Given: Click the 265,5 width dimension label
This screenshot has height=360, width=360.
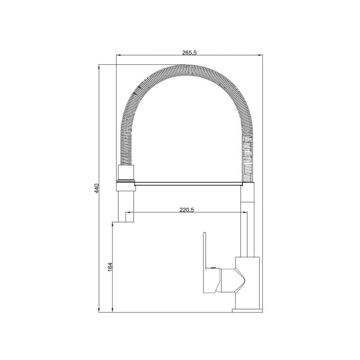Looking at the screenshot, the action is (189, 53).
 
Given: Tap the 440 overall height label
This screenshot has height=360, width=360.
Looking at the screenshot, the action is (96, 188).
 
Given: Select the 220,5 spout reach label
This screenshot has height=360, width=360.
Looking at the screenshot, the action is (186, 210).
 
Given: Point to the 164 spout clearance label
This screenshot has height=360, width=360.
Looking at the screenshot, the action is (110, 267).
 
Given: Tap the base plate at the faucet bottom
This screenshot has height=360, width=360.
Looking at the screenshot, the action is (247, 311).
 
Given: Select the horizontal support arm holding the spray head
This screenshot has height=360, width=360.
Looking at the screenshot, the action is (188, 184).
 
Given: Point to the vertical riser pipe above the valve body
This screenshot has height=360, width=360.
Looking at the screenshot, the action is (248, 220).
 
